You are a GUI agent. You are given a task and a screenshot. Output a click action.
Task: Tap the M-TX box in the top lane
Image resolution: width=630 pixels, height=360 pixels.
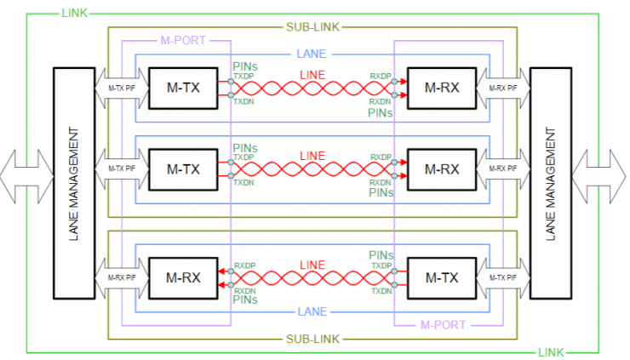[182, 88]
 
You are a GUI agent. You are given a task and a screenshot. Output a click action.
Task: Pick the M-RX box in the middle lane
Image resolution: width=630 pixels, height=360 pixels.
[442, 169]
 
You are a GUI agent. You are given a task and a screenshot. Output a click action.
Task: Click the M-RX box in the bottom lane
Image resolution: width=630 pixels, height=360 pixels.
[182, 277]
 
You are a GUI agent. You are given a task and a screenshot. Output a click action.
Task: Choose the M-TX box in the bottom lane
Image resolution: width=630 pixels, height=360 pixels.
[442, 277]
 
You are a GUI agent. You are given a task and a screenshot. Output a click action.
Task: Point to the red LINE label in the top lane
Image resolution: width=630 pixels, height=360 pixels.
[312, 76]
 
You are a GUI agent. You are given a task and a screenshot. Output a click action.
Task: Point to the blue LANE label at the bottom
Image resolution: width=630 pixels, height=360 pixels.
[310, 311]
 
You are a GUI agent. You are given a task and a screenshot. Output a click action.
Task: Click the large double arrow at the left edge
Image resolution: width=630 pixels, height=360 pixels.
[26, 175]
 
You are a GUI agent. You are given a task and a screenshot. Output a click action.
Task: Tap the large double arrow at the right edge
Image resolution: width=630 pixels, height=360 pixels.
[601, 175]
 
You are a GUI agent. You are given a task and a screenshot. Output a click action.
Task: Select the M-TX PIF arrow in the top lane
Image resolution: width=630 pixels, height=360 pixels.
[121, 88]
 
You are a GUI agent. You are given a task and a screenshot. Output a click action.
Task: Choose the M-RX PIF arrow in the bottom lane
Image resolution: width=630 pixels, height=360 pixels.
[121, 277]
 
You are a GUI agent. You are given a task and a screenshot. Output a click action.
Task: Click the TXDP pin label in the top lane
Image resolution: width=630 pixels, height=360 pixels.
[244, 76]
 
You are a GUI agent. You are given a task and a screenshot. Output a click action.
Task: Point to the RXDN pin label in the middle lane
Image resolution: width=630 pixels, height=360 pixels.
[381, 182]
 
